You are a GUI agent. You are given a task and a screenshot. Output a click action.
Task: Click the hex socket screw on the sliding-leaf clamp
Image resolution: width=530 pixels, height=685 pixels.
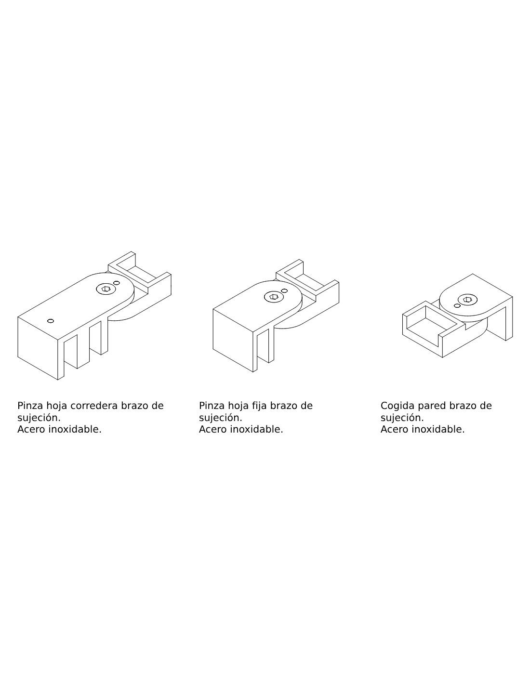coord(105,289)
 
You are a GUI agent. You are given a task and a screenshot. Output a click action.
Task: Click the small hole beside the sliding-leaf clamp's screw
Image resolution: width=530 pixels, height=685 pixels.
coord(116,283)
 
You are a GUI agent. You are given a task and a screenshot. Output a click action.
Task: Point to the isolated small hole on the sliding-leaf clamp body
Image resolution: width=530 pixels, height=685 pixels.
coord(51,321)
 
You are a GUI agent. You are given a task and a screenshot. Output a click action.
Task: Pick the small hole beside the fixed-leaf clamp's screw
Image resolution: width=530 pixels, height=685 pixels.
coord(284,290)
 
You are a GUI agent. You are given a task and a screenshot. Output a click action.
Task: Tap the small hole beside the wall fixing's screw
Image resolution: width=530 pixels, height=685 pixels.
coord(457,305)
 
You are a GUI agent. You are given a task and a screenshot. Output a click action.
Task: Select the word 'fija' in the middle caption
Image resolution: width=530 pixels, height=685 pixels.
coord(258,406)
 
